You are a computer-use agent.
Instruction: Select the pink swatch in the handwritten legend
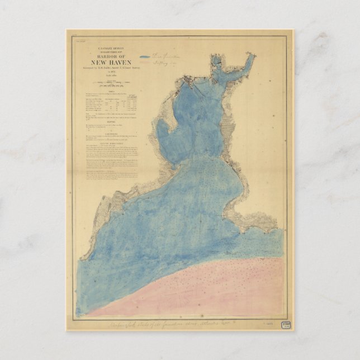pyautogui.click(x=145, y=64)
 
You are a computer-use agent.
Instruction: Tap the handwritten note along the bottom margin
pyautogui.click(x=173, y=324)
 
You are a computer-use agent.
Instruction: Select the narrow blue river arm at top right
pyautogui.click(x=246, y=64)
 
